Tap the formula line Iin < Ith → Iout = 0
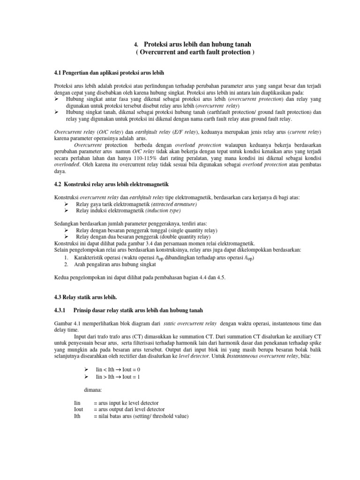pyautogui.click(x=118, y=370)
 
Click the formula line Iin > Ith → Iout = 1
pyautogui.click(x=118, y=376)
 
